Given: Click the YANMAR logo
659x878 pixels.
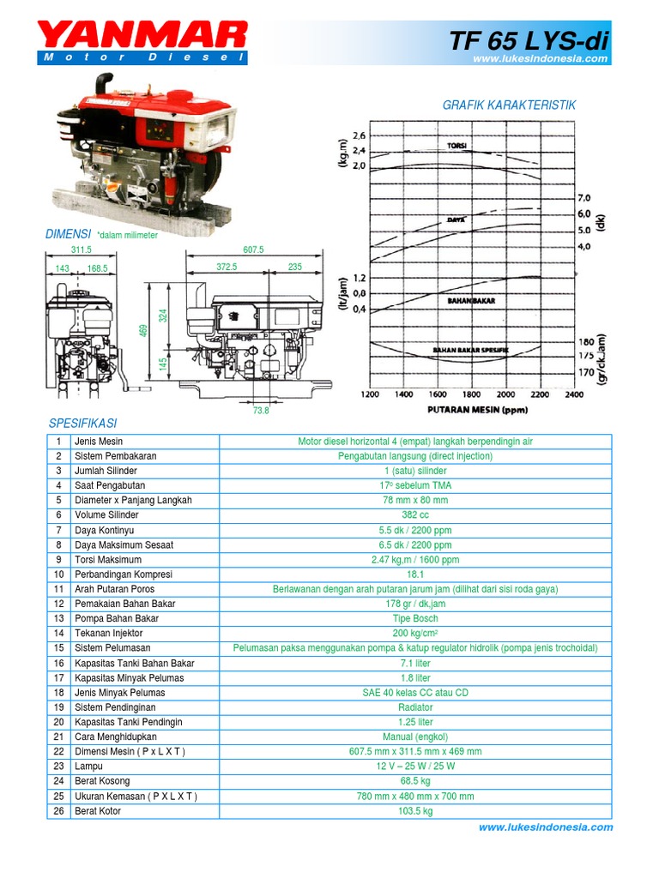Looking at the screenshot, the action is (x=142, y=37).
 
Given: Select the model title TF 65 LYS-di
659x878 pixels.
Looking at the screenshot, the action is (x=529, y=39).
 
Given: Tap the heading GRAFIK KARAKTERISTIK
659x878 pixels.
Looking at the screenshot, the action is (x=509, y=105).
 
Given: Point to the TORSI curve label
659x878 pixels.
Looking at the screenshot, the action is (x=456, y=146).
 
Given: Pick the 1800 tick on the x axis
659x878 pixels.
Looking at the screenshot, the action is (x=472, y=394).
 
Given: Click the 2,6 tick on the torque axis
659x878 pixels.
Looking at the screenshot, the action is (x=358, y=135).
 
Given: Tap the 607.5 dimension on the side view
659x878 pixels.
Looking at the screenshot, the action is (x=253, y=250).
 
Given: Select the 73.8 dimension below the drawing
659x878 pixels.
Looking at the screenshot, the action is (x=261, y=411).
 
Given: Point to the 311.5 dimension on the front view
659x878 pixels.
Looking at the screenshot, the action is (x=80, y=250).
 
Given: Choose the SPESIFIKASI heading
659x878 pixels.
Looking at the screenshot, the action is (x=82, y=424).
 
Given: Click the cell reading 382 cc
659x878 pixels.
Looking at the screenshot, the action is (x=415, y=515).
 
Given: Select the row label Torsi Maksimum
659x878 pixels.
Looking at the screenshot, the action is (x=106, y=560).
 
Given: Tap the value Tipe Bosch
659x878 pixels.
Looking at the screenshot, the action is (x=415, y=618).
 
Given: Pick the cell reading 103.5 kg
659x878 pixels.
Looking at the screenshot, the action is (x=415, y=810).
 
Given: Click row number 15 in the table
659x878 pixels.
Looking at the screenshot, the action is (x=59, y=648).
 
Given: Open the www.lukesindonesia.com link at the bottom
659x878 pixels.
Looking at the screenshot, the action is (x=546, y=827).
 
